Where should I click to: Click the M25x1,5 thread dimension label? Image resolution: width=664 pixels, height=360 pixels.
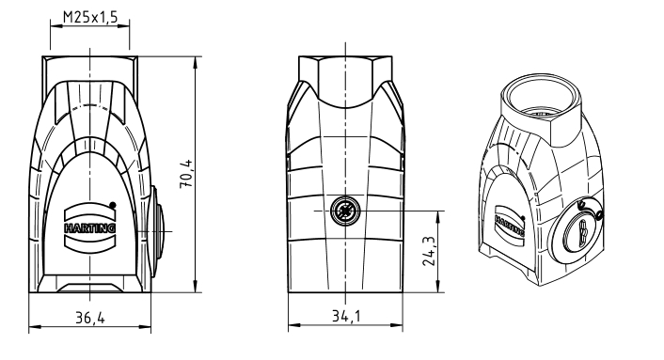(89, 17)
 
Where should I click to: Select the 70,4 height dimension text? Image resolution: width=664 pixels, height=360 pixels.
(186, 174)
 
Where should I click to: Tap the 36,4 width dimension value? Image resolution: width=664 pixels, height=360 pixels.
(89, 317)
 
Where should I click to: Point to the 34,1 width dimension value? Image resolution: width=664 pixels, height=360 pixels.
(346, 316)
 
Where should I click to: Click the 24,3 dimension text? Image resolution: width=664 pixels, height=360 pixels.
(429, 251)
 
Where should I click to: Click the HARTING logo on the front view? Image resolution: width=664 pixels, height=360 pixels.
(89, 227)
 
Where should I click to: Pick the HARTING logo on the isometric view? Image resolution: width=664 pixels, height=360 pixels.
(511, 221)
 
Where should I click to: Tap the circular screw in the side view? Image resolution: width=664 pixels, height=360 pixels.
(345, 211)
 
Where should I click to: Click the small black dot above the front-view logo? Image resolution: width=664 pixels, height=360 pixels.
(112, 205)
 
